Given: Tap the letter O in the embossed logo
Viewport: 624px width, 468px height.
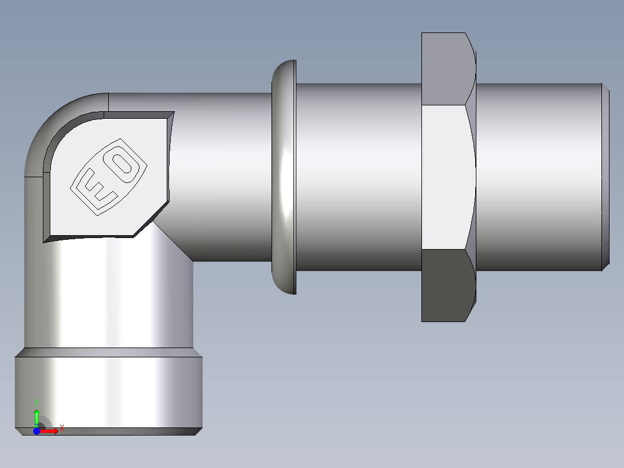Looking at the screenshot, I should [123, 163].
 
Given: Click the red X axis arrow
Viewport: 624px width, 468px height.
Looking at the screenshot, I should [50, 431].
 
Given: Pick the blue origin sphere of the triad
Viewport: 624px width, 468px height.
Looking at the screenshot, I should [36, 431].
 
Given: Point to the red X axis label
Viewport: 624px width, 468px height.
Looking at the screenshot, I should [61, 429].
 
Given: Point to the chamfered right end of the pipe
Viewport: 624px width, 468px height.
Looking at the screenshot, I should [605, 177].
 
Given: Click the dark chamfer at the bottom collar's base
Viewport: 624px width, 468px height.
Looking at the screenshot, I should [108, 432].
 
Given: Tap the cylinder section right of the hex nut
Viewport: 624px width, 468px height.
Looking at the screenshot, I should [538, 177].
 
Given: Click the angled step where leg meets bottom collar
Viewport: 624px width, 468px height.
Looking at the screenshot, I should [108, 352].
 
